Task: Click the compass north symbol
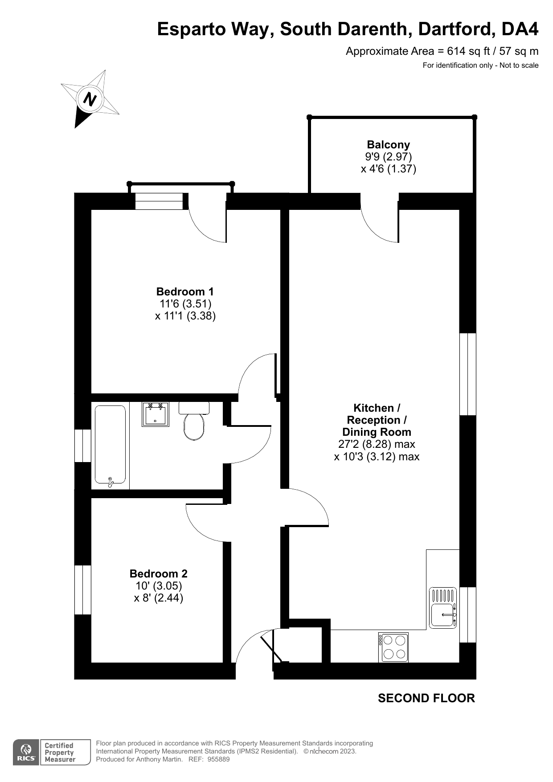click(x=90, y=98)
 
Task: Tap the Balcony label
click(x=388, y=144)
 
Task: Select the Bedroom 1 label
click(x=185, y=291)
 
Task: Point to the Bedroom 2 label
click(x=159, y=573)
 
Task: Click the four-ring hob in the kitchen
click(x=393, y=647)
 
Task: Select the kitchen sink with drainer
click(x=443, y=608)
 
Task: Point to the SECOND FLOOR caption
click(x=426, y=698)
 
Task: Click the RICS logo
click(x=26, y=753)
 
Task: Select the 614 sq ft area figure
click(x=468, y=51)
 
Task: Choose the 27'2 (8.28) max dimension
click(x=377, y=444)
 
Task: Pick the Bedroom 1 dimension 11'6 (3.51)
click(x=185, y=304)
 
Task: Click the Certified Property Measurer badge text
click(x=60, y=753)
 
